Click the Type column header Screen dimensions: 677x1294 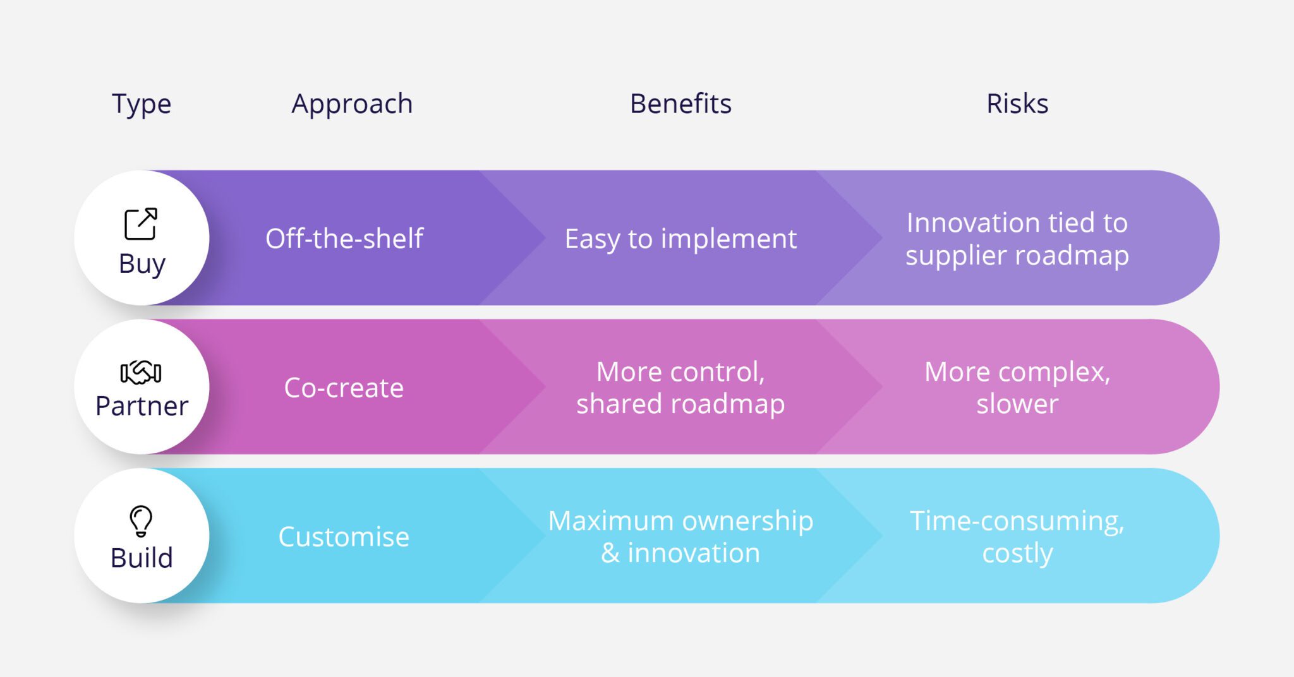click(142, 104)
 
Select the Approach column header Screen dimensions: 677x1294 click(352, 104)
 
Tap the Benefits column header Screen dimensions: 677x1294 click(680, 104)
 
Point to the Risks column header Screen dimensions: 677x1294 click(1017, 104)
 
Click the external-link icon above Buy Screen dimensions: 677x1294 click(140, 224)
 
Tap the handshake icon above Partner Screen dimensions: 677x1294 click(141, 373)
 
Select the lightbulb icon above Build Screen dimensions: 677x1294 click(141, 521)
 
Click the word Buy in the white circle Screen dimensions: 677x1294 click(142, 264)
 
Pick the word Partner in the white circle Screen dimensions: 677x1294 click(142, 406)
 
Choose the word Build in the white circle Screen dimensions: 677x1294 click(142, 558)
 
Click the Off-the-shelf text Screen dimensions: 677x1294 click(344, 239)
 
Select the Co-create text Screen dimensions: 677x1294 click(344, 388)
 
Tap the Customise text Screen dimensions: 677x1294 click(344, 537)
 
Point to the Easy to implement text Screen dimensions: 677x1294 click(680, 239)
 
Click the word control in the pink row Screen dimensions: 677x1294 click(720, 372)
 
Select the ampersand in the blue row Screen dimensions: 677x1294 click(610, 553)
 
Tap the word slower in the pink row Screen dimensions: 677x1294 click(1017, 404)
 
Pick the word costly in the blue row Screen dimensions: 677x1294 click(1017, 554)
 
